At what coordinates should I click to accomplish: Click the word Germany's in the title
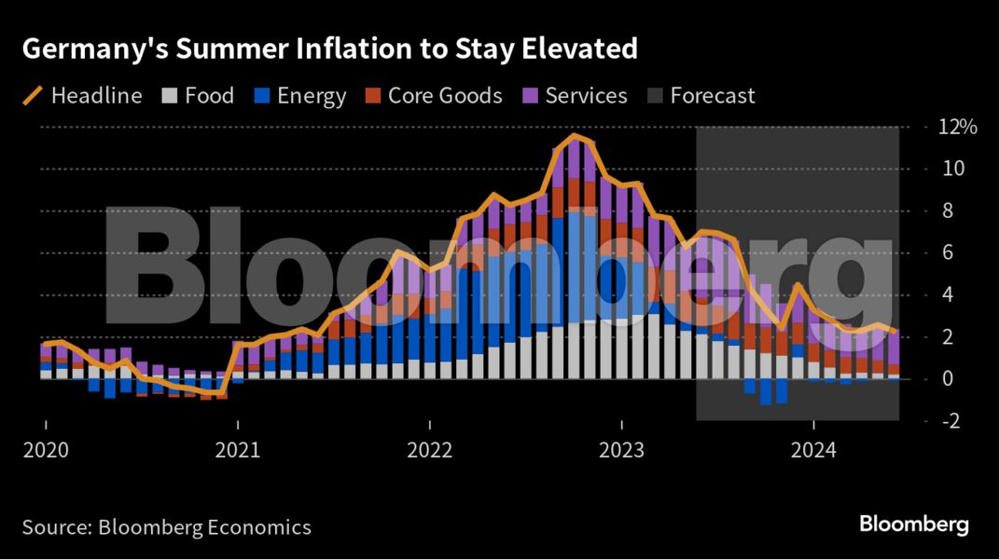[x=83, y=49]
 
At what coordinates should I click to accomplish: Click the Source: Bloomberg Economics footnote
[x=166, y=527]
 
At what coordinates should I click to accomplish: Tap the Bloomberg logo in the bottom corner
[x=914, y=525]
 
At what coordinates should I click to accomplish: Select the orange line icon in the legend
[x=33, y=96]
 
